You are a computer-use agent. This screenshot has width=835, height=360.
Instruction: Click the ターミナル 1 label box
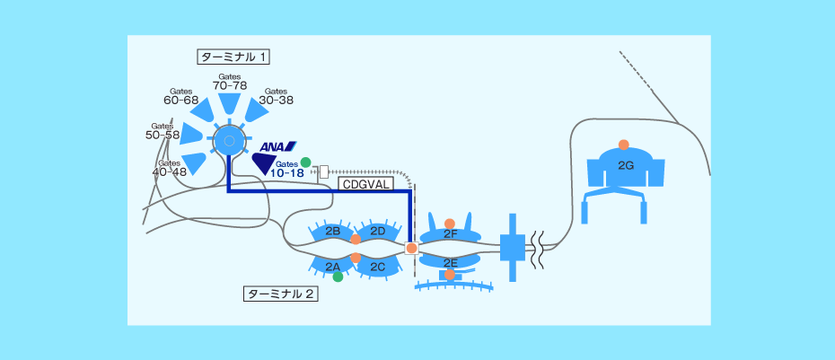coord(233,57)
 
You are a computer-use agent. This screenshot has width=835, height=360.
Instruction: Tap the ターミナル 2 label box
coord(281,294)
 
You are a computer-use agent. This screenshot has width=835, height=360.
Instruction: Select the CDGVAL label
coord(366,184)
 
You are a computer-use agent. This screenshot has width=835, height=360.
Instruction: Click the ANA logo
coord(277,146)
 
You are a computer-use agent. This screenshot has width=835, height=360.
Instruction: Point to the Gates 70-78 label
coord(230,82)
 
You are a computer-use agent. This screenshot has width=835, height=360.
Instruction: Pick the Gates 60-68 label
coord(180,96)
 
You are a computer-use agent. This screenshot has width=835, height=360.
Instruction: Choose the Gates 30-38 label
coord(276,96)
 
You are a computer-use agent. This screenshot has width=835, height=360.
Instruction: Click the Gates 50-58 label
coord(163,131)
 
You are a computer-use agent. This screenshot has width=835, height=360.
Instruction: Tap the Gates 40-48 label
coord(170,167)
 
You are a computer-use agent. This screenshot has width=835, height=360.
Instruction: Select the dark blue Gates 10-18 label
coord(287,169)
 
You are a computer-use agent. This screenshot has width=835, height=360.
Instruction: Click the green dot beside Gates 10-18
coord(305,162)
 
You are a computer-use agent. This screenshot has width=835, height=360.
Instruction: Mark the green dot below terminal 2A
coord(338,277)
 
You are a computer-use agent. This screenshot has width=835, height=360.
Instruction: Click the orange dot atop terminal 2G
coord(624,145)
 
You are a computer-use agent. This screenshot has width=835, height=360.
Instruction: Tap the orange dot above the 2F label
coord(450,224)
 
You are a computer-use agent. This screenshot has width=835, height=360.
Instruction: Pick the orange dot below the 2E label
coord(450,274)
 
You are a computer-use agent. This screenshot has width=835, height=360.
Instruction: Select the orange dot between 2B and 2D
coord(356,239)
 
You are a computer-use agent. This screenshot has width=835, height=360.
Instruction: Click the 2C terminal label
coord(378,267)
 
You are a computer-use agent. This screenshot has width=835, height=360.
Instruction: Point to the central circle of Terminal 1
coord(229,141)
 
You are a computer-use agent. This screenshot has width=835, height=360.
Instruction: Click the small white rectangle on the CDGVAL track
coord(324,171)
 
